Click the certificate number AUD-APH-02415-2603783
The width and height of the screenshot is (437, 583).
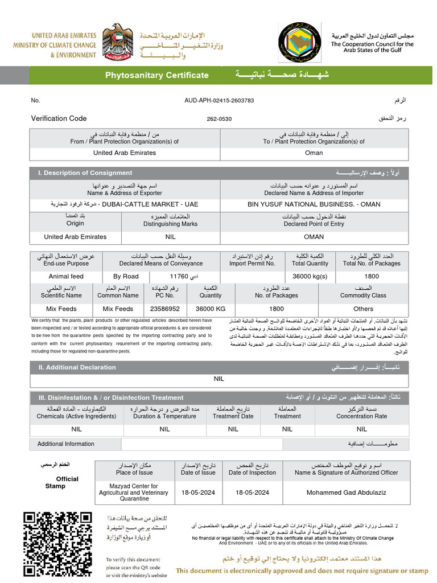(x=219, y=101)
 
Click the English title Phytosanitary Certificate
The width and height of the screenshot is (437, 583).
(x=156, y=75)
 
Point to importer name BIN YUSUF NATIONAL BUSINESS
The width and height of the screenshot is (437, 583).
(x=314, y=204)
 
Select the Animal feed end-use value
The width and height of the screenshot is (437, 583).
(x=66, y=277)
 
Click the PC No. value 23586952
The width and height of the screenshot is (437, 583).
(x=164, y=309)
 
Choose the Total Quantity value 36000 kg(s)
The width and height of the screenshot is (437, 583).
(x=310, y=277)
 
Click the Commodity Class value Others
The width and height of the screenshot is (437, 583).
(x=363, y=309)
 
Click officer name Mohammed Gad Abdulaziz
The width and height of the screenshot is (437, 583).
(x=346, y=492)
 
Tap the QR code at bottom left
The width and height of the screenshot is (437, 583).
(x=57, y=544)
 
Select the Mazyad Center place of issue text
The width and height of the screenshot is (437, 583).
(x=134, y=492)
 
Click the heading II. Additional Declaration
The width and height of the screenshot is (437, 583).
(x=77, y=367)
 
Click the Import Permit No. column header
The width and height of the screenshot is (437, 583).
(x=252, y=264)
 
